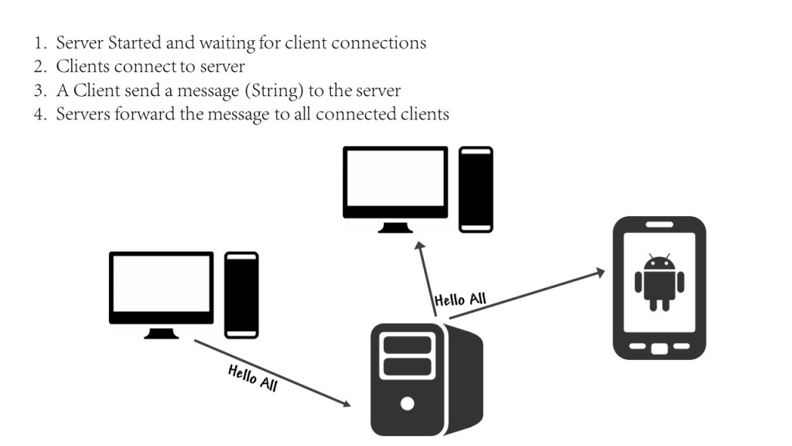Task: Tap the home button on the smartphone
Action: click(659, 348)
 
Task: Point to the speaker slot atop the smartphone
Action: click(659, 225)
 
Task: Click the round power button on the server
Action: click(407, 403)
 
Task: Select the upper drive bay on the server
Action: click(408, 345)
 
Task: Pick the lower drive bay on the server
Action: click(408, 366)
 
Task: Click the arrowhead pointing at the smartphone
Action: click(600, 273)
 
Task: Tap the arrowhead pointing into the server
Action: click(346, 403)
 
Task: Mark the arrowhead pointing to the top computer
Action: click(419, 246)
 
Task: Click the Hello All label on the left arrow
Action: click(253, 378)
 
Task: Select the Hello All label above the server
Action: click(460, 300)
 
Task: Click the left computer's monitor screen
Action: click(161, 283)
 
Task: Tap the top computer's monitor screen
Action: click(395, 178)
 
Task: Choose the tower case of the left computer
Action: click(241, 295)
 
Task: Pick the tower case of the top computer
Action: click(476, 190)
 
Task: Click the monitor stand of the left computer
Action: click(161, 333)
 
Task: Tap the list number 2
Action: click(40, 67)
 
